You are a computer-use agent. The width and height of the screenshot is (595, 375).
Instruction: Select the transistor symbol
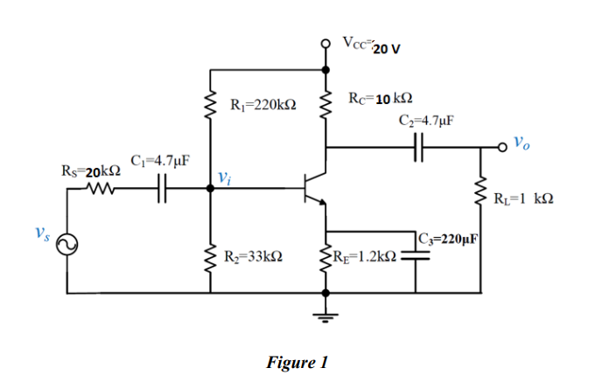313,187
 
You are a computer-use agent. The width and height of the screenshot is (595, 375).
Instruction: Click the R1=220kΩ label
263,106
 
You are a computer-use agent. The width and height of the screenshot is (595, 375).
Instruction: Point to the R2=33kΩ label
252,257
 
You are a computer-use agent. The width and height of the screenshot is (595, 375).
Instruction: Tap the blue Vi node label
226,180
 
